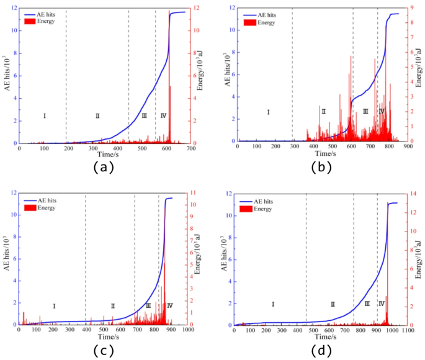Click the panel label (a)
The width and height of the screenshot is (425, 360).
103,167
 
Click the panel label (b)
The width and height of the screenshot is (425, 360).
321,167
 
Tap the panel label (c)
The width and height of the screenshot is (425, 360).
103,351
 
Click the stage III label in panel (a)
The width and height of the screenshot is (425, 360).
144,116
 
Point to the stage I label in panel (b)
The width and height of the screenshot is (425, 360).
268,112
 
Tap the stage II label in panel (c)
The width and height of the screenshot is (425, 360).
113,305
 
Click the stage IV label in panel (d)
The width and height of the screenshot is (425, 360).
382,304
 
